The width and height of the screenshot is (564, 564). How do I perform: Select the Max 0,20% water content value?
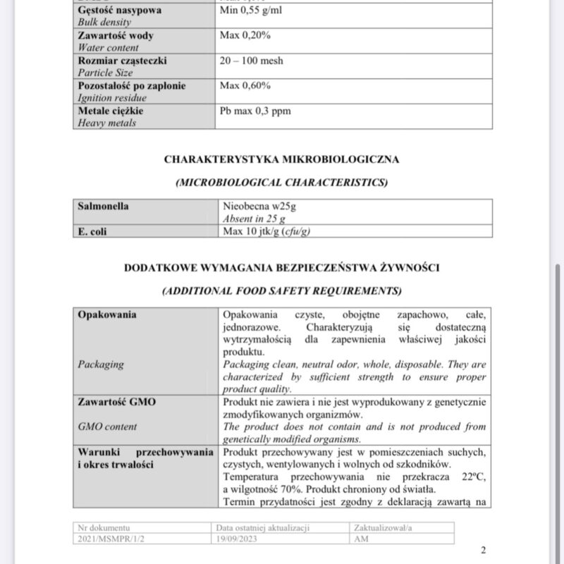click(245, 36)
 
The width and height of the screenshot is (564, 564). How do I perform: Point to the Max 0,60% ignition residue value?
click(245, 86)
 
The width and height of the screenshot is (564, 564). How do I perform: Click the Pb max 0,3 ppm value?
click(255, 111)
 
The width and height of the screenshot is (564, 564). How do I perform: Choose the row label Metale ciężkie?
click(111, 111)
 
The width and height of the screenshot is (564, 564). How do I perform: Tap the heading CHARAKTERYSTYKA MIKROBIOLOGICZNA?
click(281, 159)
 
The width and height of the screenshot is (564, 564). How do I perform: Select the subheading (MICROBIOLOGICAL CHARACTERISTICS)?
click(281, 183)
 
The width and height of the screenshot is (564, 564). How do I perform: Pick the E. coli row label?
click(92, 231)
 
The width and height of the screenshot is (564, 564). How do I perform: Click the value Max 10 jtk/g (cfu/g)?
click(266, 231)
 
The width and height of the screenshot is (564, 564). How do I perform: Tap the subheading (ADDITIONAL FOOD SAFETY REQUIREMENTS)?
click(281, 290)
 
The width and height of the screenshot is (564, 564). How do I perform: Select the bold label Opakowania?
click(107, 314)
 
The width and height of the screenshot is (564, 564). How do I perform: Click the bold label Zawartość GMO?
click(116, 402)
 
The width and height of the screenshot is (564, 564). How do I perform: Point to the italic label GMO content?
click(107, 427)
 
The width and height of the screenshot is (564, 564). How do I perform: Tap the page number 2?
click(483, 551)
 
